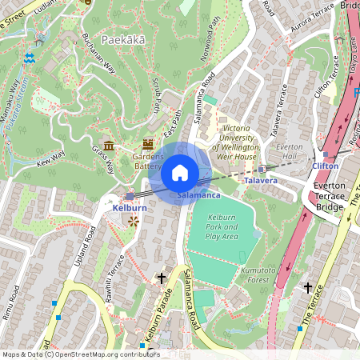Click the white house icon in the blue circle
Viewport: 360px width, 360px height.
click(x=180, y=173)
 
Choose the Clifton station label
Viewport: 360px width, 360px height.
click(x=325, y=166)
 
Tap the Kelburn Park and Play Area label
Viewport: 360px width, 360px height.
click(x=222, y=226)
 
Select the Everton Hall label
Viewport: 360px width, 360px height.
click(x=291, y=152)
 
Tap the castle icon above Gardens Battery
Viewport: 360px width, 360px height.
click(x=147, y=144)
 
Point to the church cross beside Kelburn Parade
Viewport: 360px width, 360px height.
click(x=162, y=278)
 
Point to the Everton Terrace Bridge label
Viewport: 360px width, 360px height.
click(x=330, y=196)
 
